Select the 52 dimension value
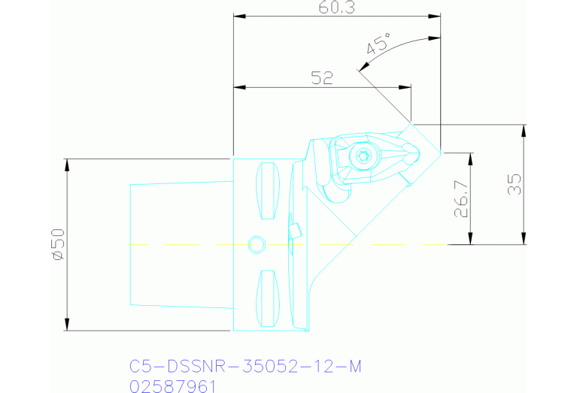322,77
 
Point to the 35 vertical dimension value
515,184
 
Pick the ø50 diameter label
58,245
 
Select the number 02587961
173,386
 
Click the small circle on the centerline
257,244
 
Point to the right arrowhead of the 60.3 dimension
436,17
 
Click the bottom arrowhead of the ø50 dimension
68,325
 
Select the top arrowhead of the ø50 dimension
68,163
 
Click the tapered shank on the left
181,244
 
